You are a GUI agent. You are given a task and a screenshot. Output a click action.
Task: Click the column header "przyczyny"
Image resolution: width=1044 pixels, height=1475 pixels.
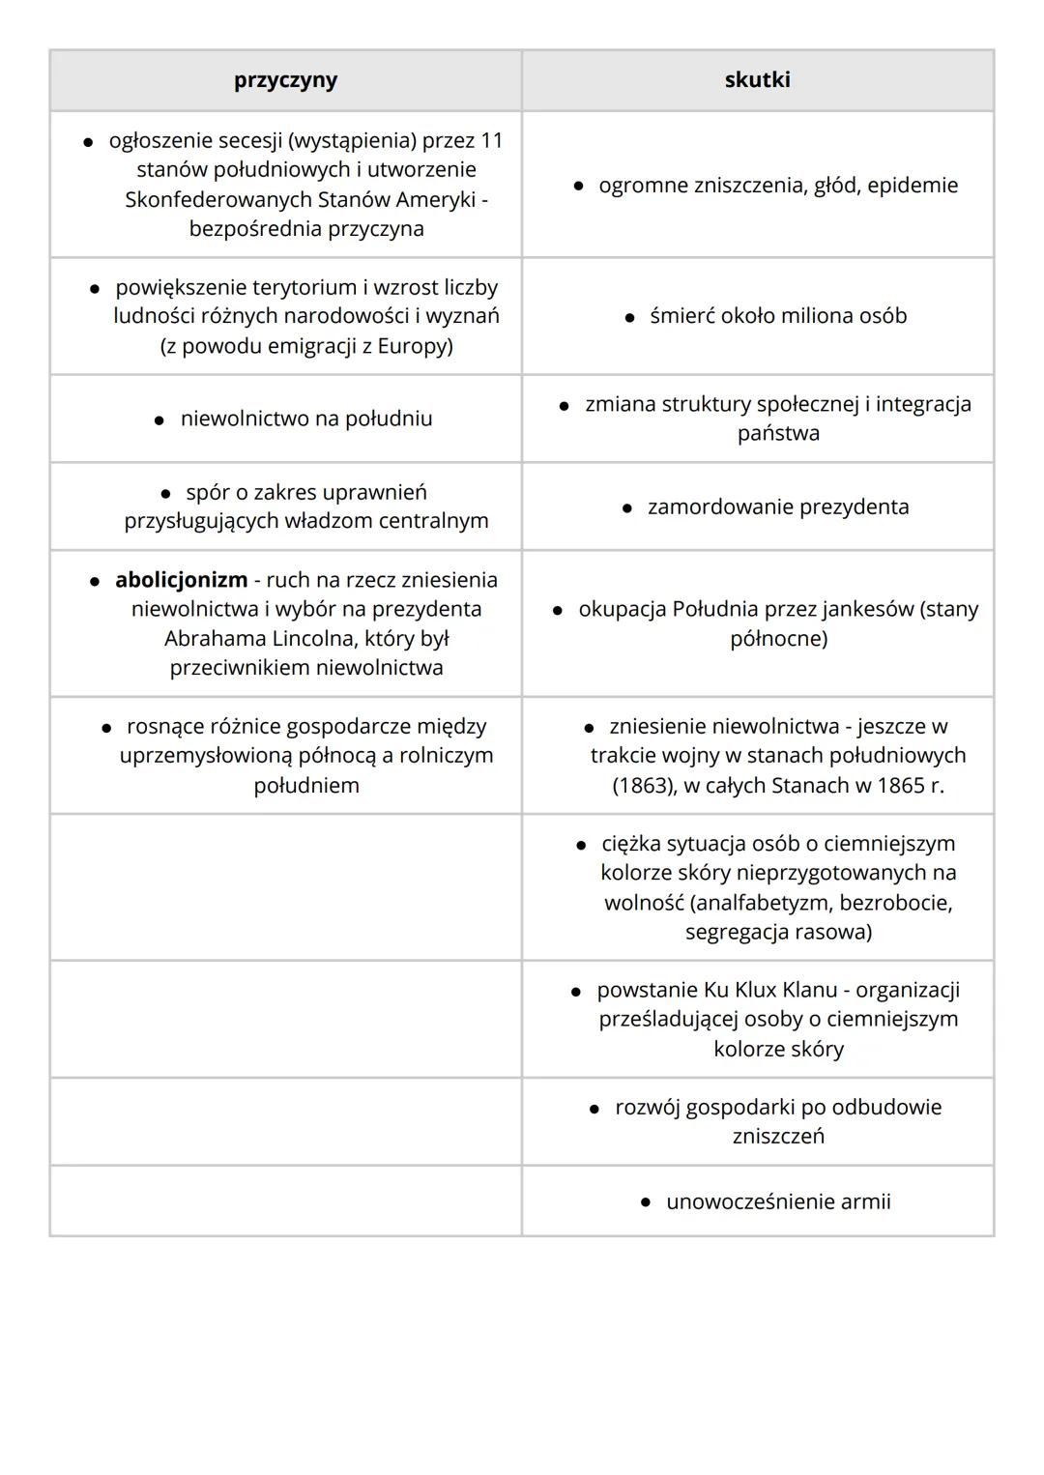pyautogui.click(x=285, y=80)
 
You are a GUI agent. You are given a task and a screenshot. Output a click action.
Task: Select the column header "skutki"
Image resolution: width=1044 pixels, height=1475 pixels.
pyautogui.click(x=757, y=80)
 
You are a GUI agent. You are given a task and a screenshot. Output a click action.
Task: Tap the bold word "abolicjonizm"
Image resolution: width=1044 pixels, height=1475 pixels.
pyautogui.click(x=181, y=580)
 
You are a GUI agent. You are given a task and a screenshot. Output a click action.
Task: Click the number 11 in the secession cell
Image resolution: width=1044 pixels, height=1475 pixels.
pyautogui.click(x=491, y=141)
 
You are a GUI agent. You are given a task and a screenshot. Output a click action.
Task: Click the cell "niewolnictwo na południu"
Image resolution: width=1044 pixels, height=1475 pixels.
pyautogui.click(x=305, y=419)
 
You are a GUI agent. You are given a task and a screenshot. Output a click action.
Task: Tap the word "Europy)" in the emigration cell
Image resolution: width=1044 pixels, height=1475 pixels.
pyautogui.click(x=414, y=346)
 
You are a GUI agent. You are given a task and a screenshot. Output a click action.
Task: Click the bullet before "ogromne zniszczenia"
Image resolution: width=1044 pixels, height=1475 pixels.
pyautogui.click(x=578, y=186)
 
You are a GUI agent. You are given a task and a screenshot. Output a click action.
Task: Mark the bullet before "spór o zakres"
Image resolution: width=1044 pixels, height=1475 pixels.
pyautogui.click(x=165, y=493)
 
